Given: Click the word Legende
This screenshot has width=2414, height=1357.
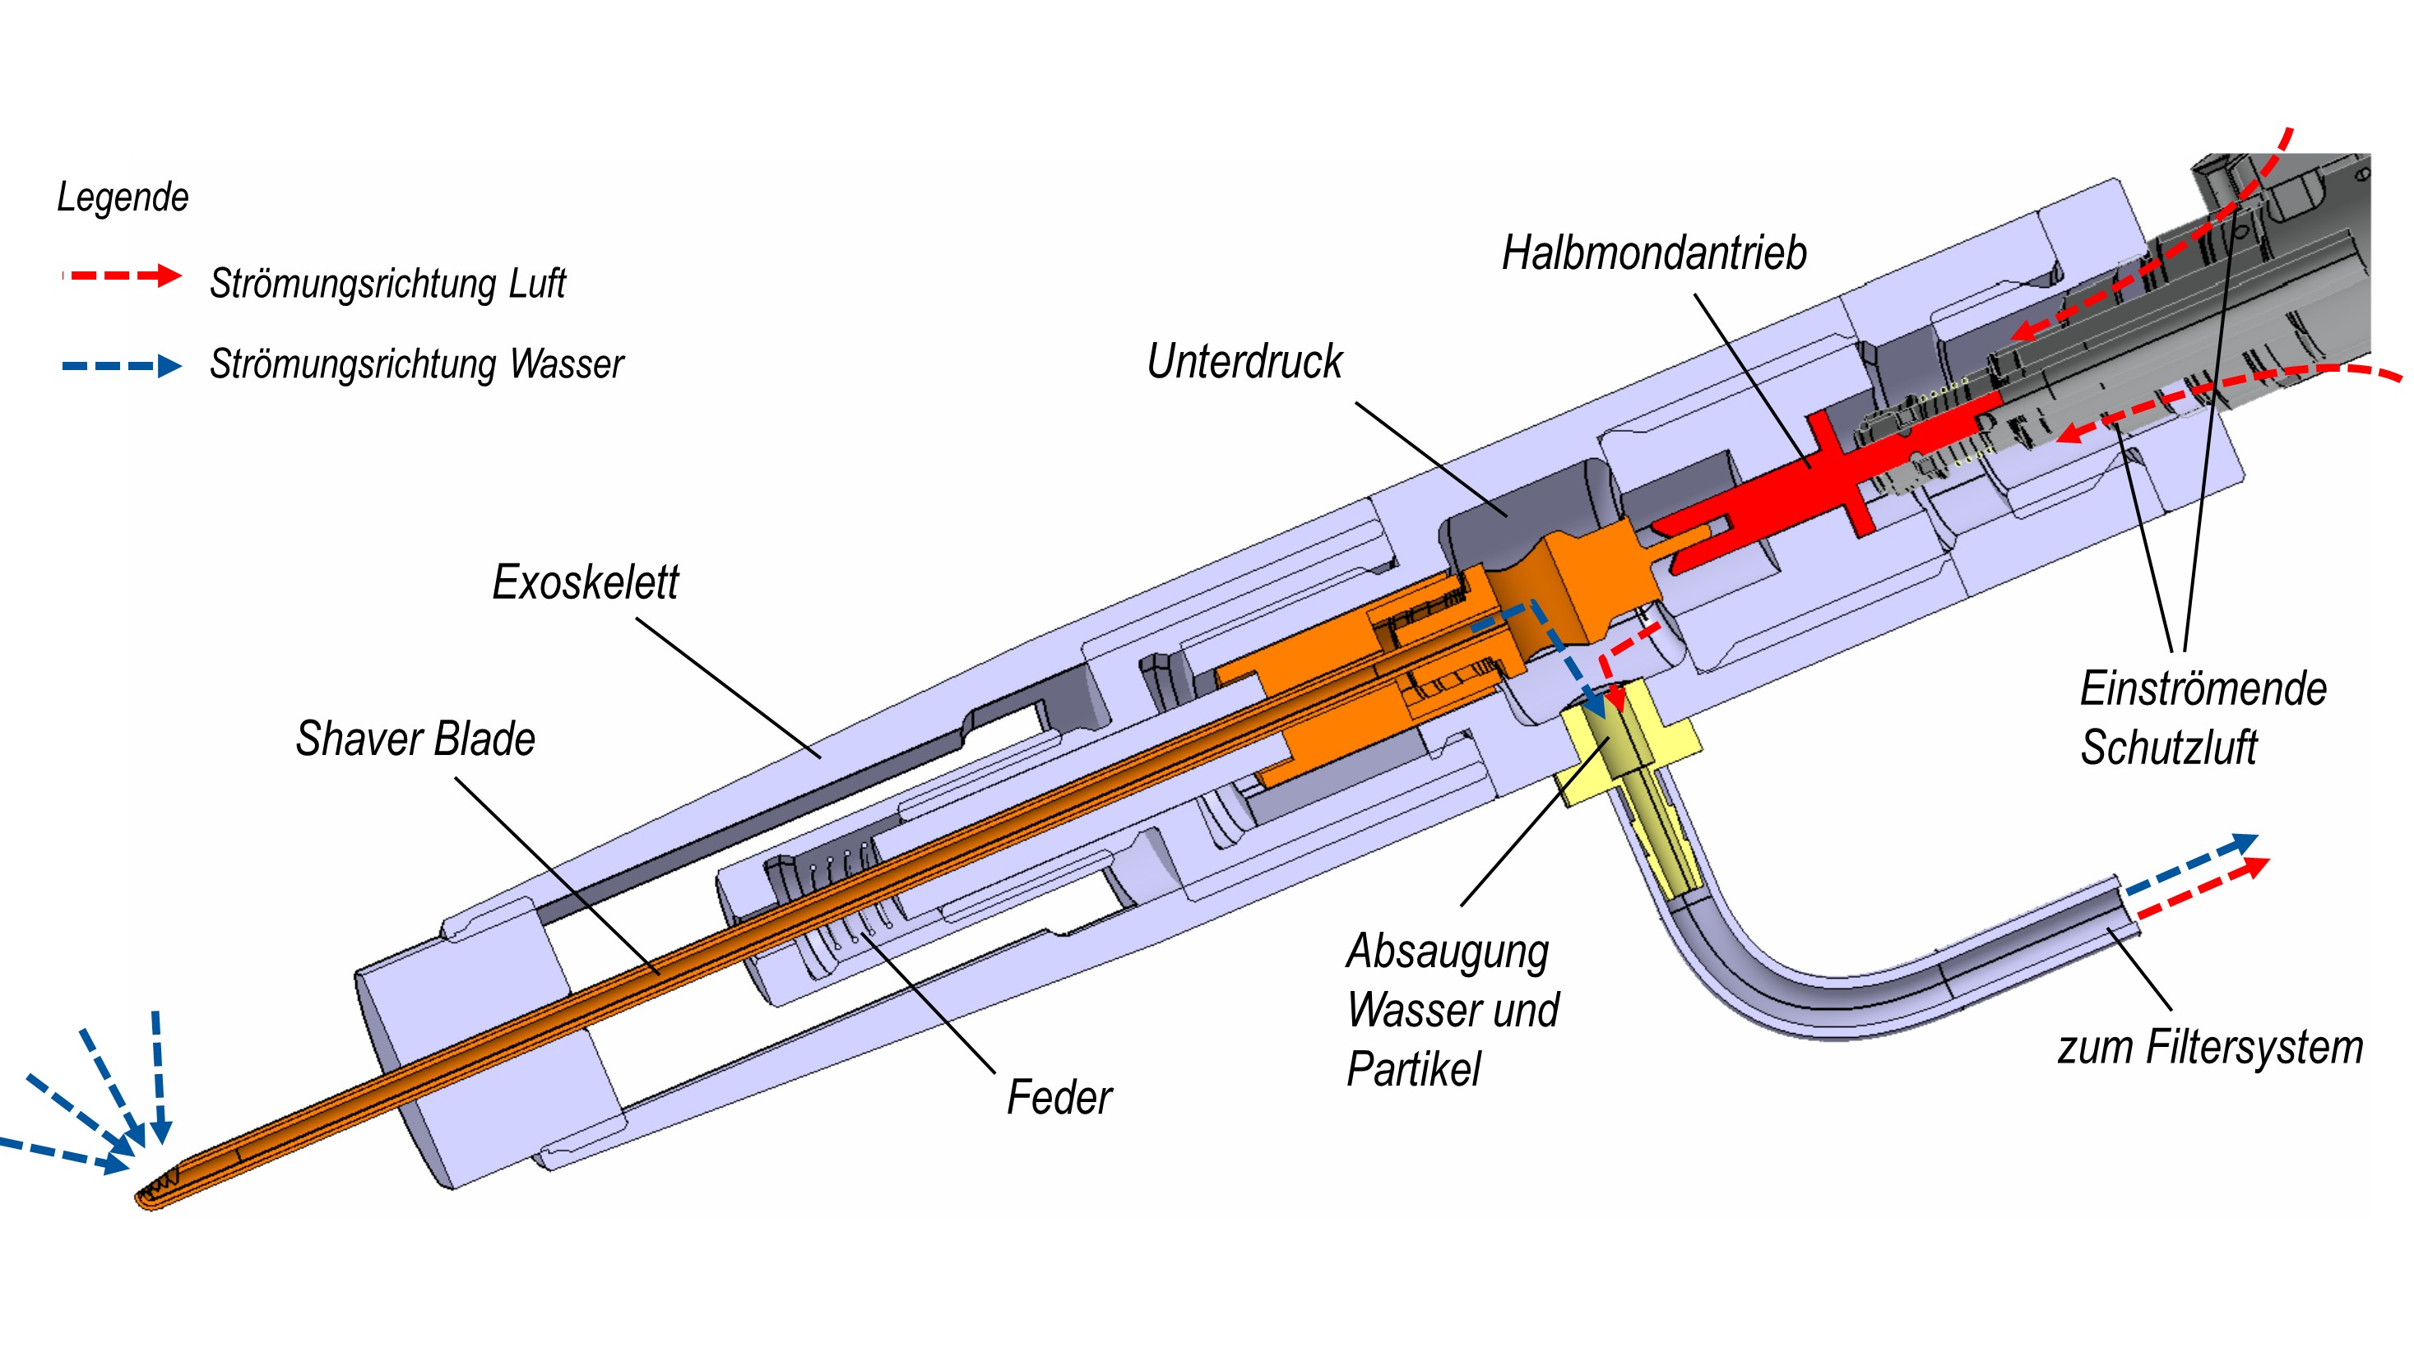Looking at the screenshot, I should pos(123,197).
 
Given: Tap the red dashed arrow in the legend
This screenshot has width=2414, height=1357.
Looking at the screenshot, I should pos(122,276).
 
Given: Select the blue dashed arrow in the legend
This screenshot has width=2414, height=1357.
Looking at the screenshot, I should pos(122,365).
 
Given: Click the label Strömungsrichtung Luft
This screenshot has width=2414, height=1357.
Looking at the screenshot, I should pos(387,283).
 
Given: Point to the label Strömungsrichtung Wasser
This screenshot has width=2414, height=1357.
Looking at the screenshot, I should pos(416,364).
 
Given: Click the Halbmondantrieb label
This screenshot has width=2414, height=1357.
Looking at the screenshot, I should pos(1654,253).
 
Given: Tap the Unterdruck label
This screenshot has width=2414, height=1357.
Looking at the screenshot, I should pos(1244,362).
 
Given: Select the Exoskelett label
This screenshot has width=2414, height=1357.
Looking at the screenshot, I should pos(585,582).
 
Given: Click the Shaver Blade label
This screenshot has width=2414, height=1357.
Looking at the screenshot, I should pos(415,739).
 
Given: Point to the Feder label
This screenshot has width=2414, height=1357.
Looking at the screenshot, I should pos(1059,1097).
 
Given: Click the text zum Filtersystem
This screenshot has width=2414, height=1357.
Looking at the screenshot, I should pos(2210,1047).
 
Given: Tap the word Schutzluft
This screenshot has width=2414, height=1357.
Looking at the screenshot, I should pos(2168,748).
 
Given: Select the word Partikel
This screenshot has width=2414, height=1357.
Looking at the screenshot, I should pos(1413,1069).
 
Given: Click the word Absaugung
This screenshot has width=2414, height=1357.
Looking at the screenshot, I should pos(1448,952).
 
